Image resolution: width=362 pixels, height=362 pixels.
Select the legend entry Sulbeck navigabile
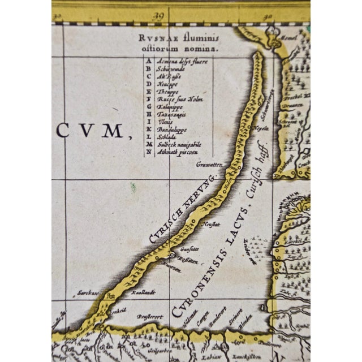(176, 144)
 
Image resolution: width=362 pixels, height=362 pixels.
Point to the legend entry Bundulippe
(171, 129)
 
